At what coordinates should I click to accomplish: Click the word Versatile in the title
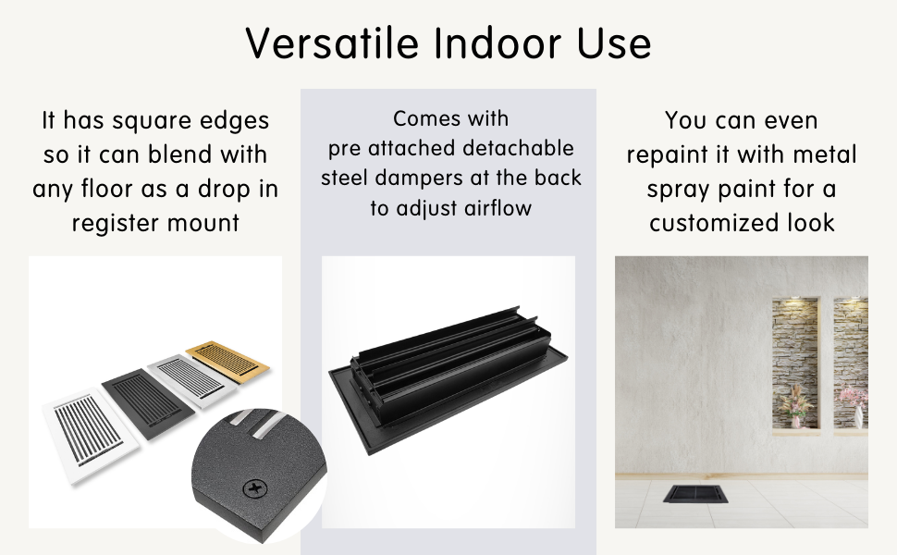pyautogui.click(x=332, y=43)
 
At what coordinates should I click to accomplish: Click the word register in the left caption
pyautogui.click(x=107, y=224)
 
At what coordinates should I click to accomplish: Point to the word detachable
pyautogui.click(x=518, y=148)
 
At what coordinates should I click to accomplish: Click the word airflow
pyautogui.click(x=498, y=208)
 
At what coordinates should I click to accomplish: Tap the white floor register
pyautogui.click(x=91, y=433)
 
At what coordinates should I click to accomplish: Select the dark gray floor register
pyautogui.click(x=148, y=403)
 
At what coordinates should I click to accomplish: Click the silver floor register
pyautogui.click(x=191, y=380)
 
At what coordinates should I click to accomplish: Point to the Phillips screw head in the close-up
pyautogui.click(x=254, y=488)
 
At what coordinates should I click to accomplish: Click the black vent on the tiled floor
pyautogui.click(x=695, y=494)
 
